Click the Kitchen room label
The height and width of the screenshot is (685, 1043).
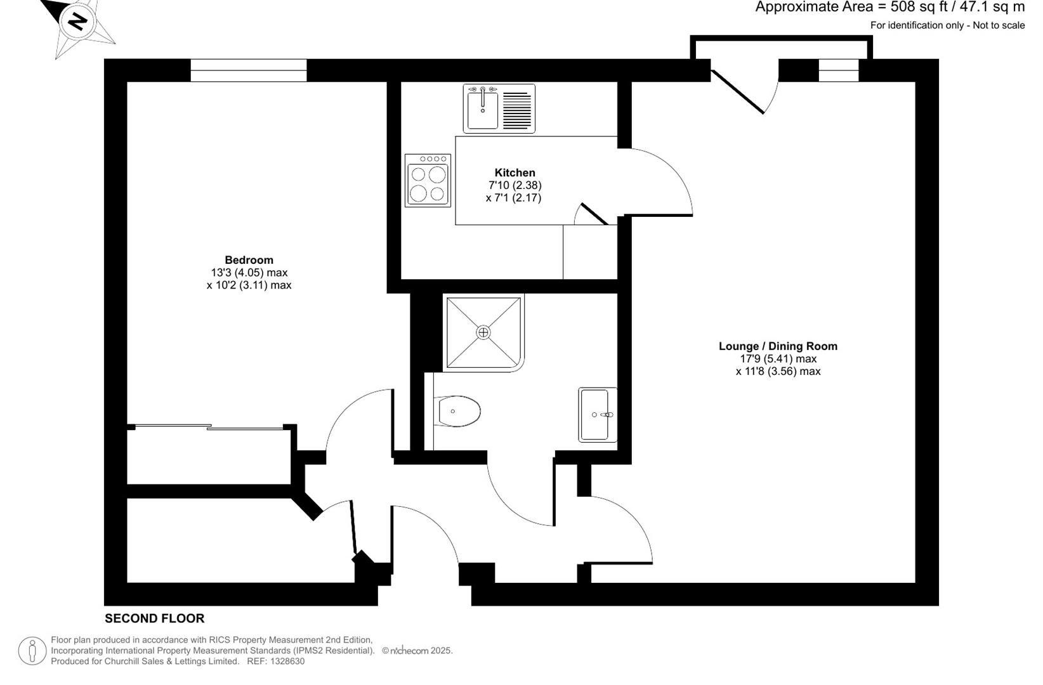point(515,173)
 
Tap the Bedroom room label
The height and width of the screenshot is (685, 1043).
point(249,260)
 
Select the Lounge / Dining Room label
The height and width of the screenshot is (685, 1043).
point(777,346)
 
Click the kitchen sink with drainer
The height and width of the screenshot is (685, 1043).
point(499,108)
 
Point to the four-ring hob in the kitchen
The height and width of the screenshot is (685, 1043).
point(428,181)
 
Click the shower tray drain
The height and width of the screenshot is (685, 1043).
point(483,332)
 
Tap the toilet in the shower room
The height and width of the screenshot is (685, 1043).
point(457,412)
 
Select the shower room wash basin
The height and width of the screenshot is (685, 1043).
point(598,415)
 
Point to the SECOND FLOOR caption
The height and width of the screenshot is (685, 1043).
point(154,618)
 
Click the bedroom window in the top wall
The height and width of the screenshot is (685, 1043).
point(249,70)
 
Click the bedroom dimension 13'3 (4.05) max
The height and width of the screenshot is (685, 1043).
point(249,273)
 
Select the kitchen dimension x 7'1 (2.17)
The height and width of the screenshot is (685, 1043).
point(513,198)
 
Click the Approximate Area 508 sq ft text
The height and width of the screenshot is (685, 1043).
point(889,8)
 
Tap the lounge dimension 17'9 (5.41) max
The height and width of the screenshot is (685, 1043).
point(777,359)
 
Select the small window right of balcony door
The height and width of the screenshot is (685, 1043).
point(838,70)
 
